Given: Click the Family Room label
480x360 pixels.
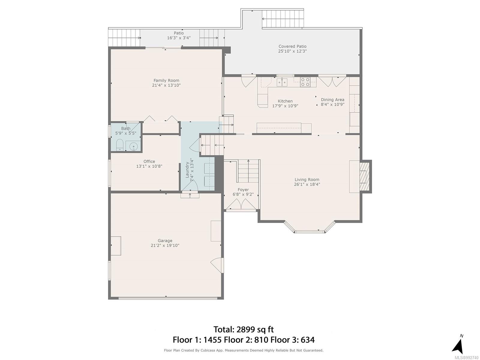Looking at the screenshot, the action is tap(166, 80).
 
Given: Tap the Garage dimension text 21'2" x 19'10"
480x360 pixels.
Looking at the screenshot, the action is tap(165, 245).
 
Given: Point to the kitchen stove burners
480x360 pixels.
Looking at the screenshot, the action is tap(305, 82).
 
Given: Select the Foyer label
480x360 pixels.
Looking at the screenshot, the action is tap(243, 190).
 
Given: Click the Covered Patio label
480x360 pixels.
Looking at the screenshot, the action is tap(292, 46).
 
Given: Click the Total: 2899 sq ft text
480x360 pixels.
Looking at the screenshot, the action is tap(243, 329).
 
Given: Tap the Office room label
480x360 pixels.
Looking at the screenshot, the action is tap(149, 161).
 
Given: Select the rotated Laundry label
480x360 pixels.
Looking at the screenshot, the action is tap(187, 170).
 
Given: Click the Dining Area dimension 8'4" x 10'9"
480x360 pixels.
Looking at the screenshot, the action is tap(333, 104).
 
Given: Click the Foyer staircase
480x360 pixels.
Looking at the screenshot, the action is tap(248, 171).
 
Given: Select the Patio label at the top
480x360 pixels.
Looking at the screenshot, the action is tap(179, 33).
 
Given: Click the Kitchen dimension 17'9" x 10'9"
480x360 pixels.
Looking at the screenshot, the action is tap(285, 106).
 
